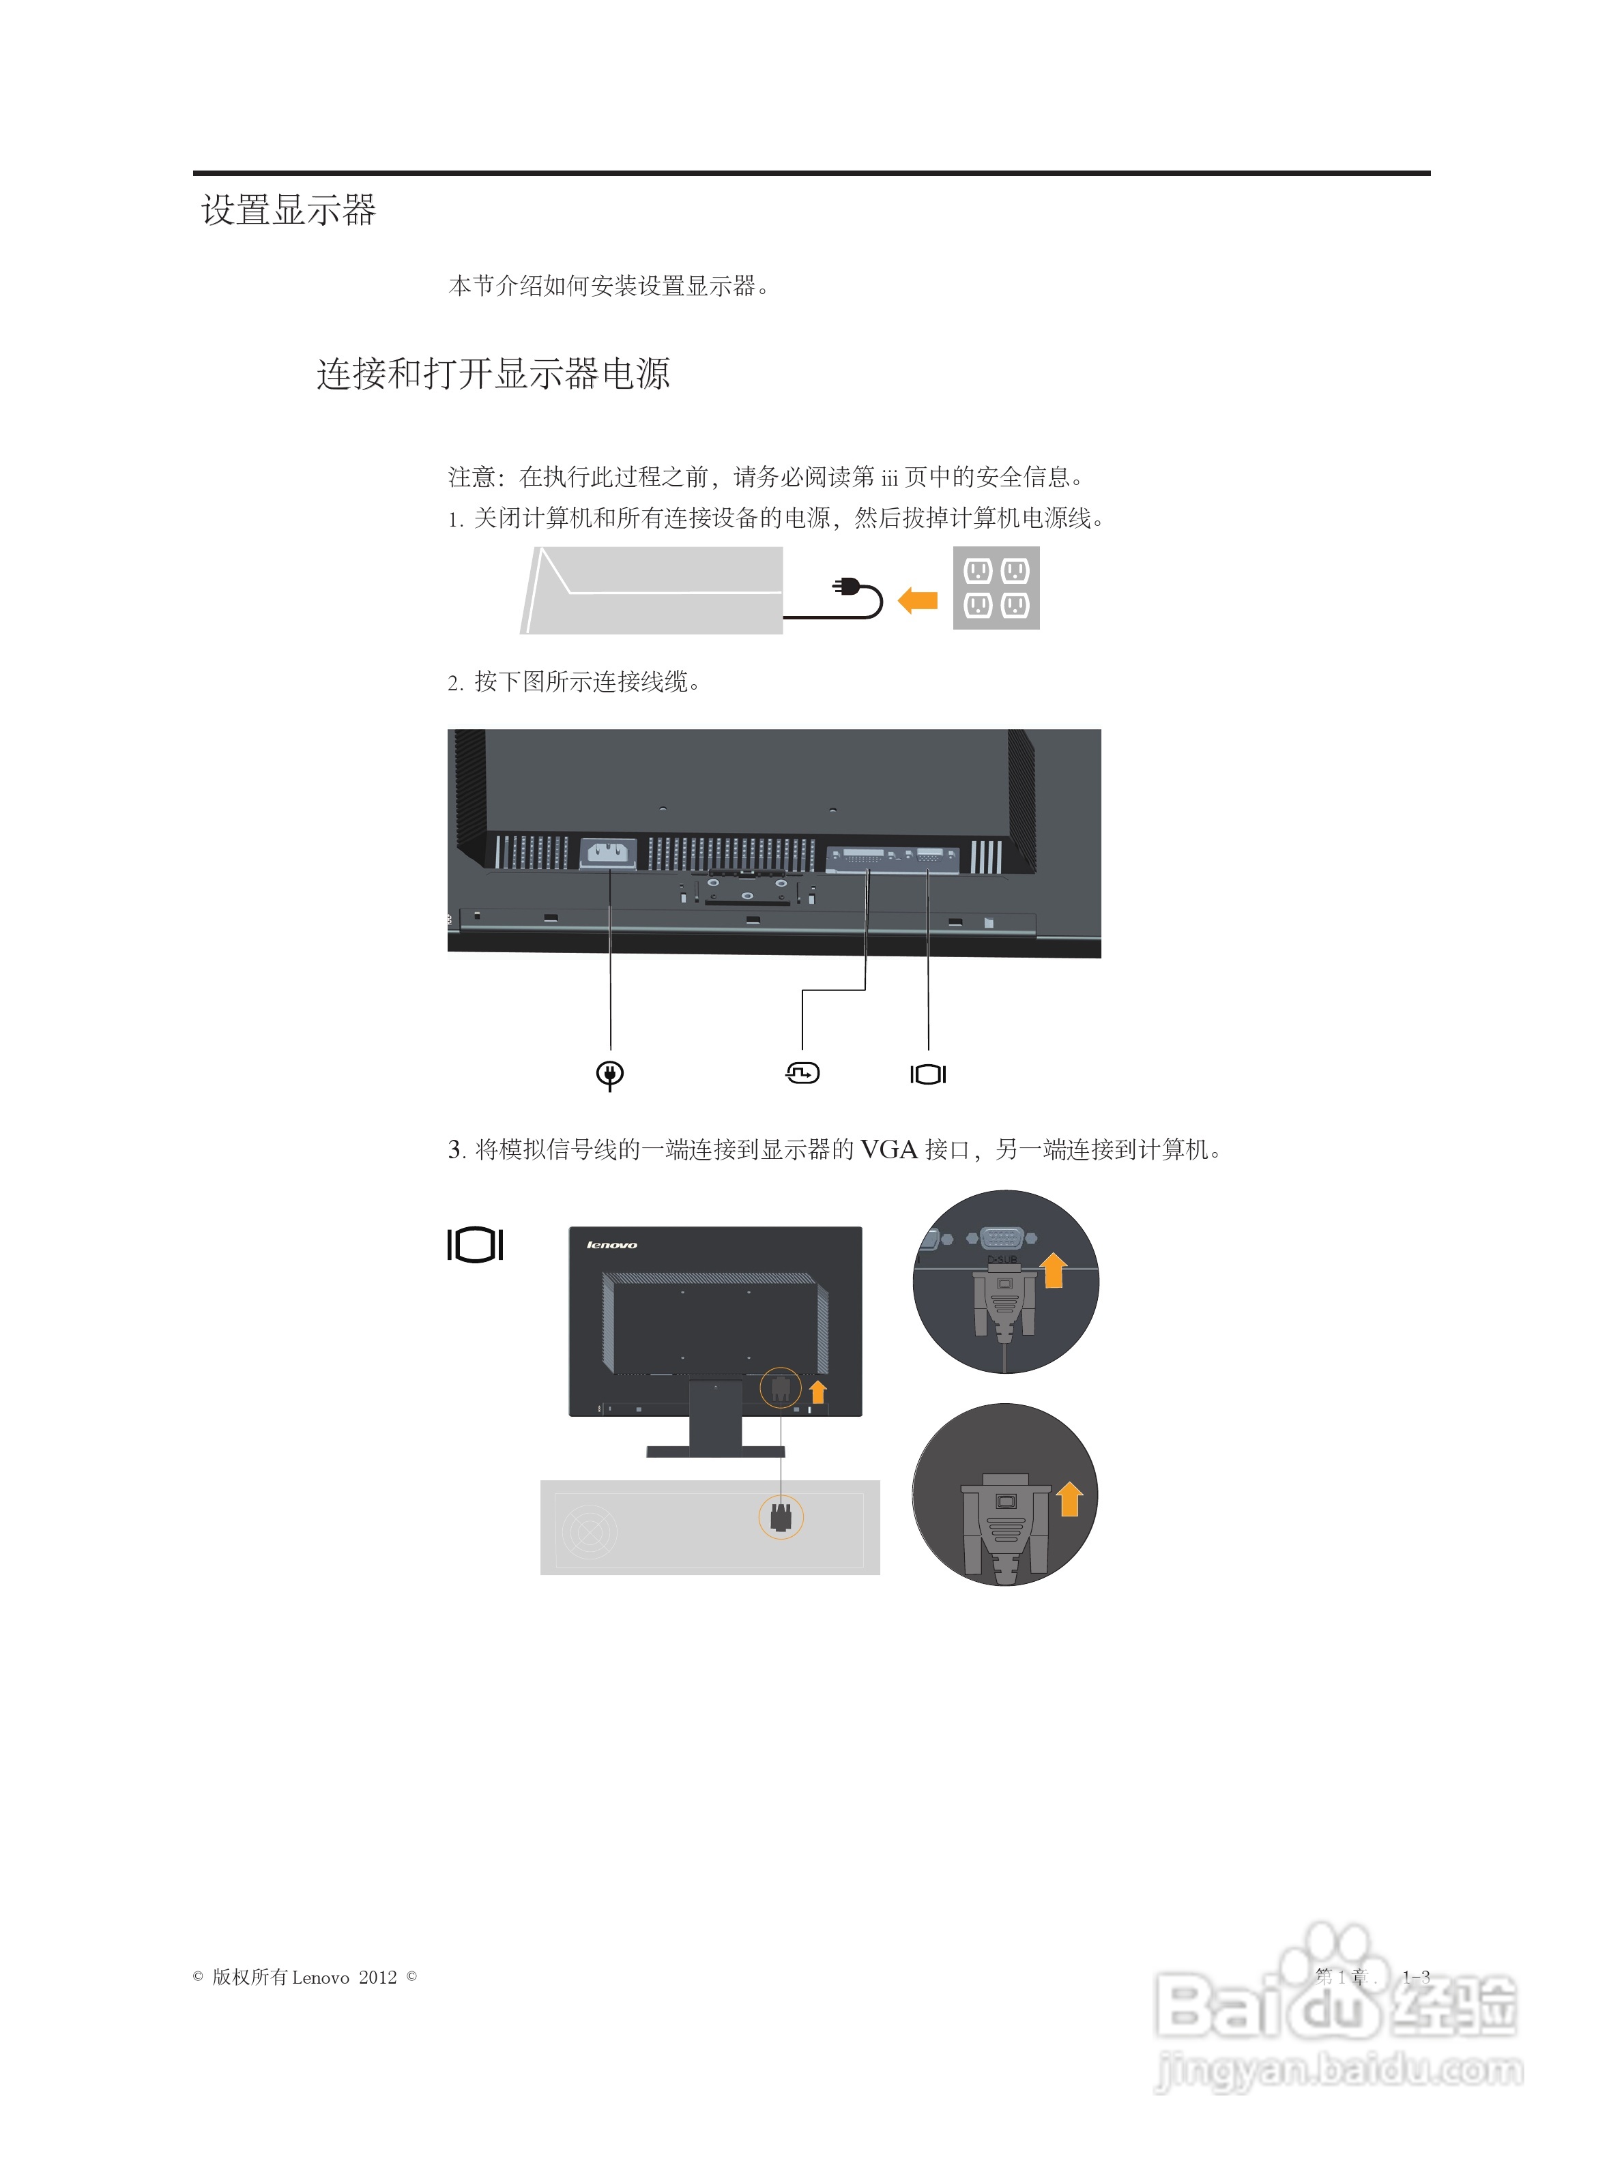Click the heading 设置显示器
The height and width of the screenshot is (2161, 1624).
288,210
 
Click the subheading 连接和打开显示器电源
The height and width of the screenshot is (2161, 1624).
493,373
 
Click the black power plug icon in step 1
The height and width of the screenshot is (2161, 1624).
845,587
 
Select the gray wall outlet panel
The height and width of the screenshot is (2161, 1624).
996,588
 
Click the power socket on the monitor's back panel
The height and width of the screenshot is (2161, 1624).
608,854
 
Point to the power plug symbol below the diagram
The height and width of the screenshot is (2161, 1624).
610,1074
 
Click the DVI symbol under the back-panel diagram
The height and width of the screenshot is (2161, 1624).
802,1074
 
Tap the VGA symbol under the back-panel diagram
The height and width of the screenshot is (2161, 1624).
927,1074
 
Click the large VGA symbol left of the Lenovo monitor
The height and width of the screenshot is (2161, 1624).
475,1245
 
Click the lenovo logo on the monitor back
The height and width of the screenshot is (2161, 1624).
611,1245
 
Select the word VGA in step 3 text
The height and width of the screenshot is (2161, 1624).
888,1150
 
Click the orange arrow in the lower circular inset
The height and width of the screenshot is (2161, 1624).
1069,1499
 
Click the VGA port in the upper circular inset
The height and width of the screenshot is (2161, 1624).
1002,1238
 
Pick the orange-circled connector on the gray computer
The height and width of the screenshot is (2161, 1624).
781,1517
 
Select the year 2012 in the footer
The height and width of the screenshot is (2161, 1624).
377,1978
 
